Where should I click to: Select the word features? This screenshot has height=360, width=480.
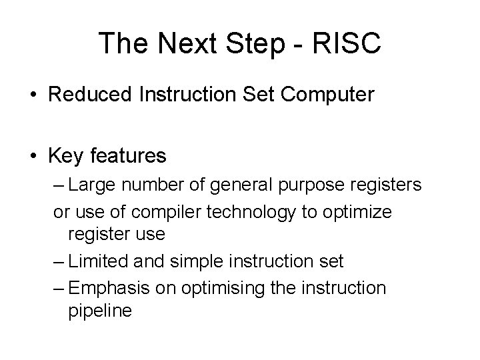click(128, 157)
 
